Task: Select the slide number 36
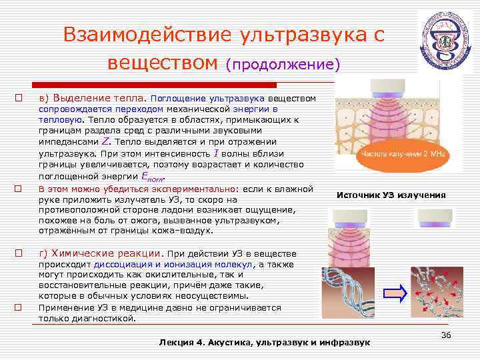[446, 334]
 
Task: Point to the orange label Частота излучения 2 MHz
[403, 153]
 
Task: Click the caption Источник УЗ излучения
[391, 195]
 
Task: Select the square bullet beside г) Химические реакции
[19, 253]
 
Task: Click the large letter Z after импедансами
[104, 142]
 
